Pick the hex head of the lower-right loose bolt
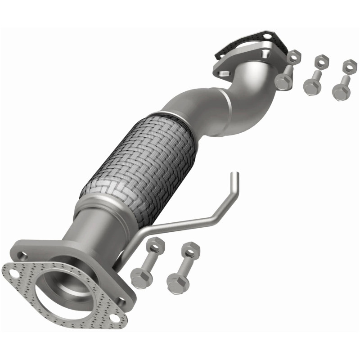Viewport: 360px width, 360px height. (175, 282)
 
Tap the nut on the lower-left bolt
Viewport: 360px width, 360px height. (154, 246)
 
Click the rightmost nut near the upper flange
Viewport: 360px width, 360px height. (347, 67)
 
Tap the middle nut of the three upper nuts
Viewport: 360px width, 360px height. (320, 61)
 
